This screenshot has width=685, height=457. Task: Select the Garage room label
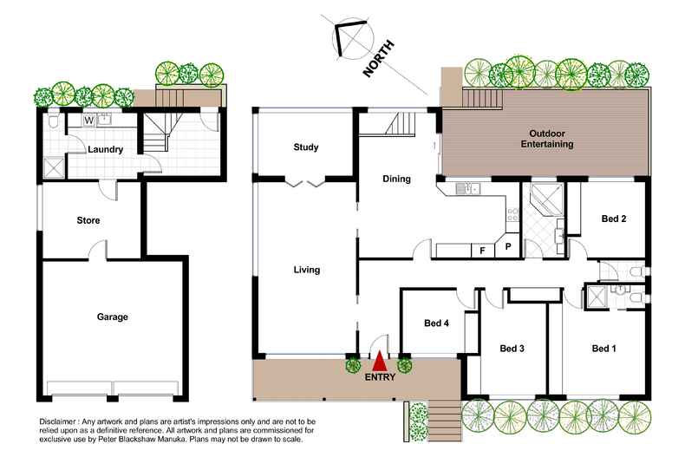click(112, 317)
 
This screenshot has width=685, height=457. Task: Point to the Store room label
click(88, 220)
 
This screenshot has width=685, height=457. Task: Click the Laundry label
click(106, 149)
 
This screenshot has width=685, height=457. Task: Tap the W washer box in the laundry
click(89, 121)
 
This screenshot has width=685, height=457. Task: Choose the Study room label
click(305, 147)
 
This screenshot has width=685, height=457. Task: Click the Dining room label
click(396, 180)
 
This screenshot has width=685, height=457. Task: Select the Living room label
click(306, 270)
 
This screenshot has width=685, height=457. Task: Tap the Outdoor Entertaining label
click(546, 139)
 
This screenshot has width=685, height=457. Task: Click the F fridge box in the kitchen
click(481, 251)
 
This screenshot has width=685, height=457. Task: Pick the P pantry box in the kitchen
click(508, 247)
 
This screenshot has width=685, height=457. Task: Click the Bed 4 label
click(436, 323)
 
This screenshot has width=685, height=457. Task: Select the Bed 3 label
click(512, 349)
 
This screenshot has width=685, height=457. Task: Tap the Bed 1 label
click(603, 349)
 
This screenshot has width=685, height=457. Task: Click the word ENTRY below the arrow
click(380, 377)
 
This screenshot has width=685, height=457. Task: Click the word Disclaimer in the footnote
click(62, 420)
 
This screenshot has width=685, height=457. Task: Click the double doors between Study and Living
click(304, 182)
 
